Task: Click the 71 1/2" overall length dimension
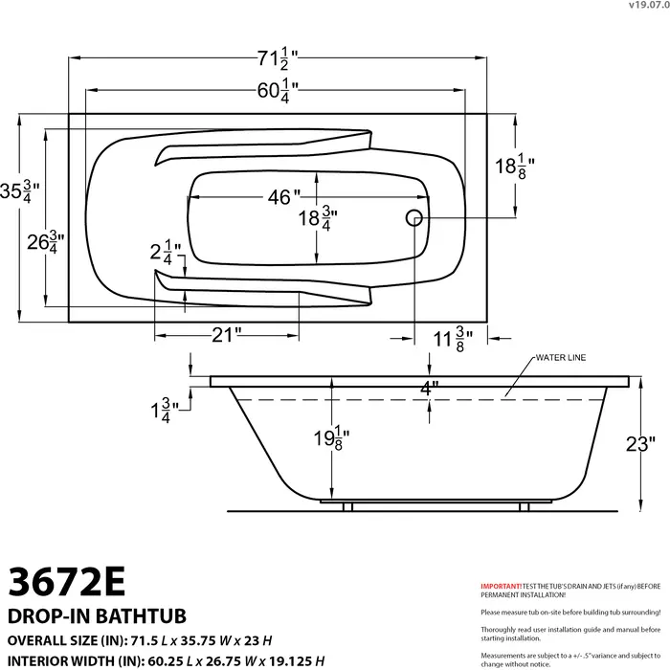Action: [x=278, y=58]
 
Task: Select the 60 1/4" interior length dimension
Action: [x=278, y=92]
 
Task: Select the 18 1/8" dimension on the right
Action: [x=513, y=167]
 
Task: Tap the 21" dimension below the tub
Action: [x=226, y=335]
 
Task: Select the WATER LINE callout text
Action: [x=560, y=359]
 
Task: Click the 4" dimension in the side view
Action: [x=428, y=387]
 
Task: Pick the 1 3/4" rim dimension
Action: [x=161, y=412]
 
